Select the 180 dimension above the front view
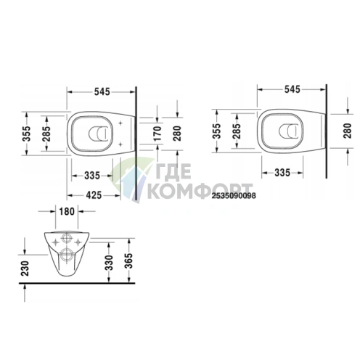tap(66, 211)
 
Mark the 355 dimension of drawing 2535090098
tap(216, 131)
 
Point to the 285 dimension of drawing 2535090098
tap(237, 131)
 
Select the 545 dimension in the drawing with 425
tap(101, 92)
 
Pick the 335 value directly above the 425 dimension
tap(91, 175)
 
